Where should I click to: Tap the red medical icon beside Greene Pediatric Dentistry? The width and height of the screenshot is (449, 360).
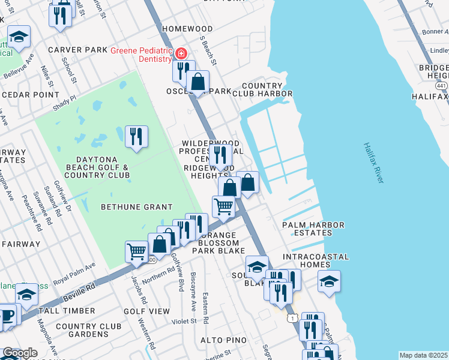(180, 54)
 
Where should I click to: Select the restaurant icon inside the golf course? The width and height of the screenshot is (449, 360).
(137, 137)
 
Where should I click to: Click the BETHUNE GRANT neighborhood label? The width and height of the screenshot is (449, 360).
(128, 207)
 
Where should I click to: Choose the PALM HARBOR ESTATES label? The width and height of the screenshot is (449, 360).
(313, 229)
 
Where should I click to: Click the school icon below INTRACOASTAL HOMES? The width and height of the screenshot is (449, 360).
(329, 281)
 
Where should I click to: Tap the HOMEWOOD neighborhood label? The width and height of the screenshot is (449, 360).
(187, 29)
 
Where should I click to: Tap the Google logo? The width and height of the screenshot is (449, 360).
(20, 353)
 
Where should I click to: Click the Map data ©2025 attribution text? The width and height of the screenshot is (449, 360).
(423, 355)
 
